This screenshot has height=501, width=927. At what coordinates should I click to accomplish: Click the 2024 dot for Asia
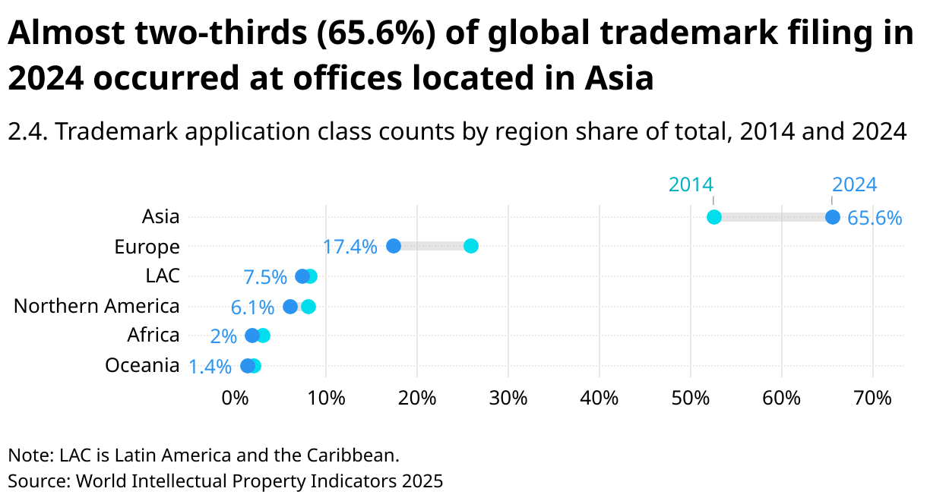(832, 217)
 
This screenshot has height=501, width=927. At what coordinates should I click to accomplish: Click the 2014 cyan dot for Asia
(713, 217)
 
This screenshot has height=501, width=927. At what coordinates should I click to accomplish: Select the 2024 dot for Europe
(394, 246)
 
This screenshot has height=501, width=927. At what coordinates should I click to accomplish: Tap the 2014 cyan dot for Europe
(471, 246)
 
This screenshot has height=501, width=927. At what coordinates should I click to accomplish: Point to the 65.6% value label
(875, 219)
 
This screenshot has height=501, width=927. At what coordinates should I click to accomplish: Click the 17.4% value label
(350, 247)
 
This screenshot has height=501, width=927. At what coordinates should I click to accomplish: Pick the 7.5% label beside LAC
(265, 277)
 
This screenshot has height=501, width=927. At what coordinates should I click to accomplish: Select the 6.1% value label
(252, 307)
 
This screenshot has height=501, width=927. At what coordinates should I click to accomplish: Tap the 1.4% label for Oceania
(210, 367)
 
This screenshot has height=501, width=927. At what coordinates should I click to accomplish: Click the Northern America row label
(96, 307)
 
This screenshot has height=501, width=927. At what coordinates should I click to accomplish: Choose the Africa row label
(153, 336)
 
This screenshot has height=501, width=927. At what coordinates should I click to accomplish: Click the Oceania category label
(142, 366)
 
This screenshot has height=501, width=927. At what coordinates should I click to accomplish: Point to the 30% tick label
(508, 398)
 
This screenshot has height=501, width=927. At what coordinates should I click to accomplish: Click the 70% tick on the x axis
(872, 398)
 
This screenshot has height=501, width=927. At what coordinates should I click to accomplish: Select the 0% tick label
(235, 398)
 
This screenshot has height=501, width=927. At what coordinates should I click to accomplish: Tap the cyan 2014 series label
(691, 184)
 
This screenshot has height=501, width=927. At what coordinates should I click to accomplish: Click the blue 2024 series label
(854, 184)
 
